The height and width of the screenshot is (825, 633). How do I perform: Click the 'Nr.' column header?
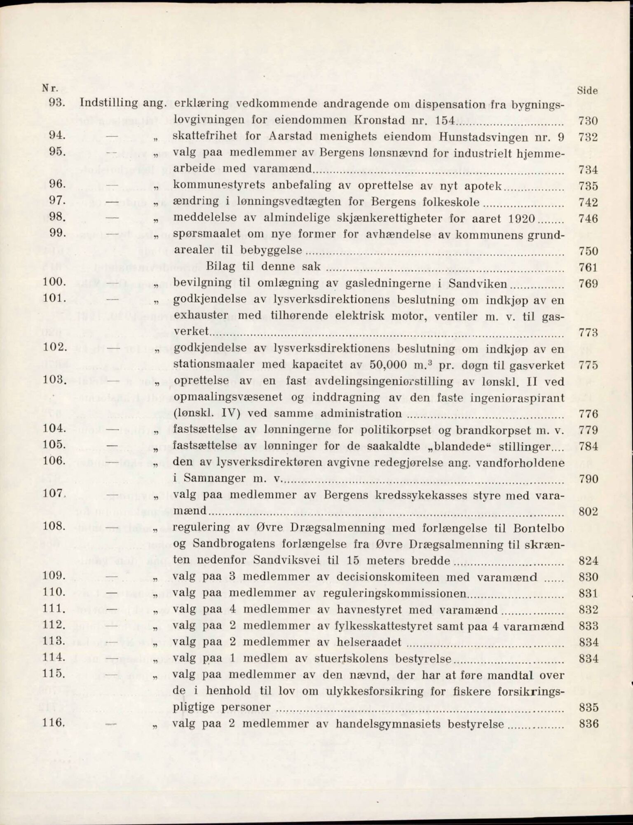pyautogui.click(x=50, y=88)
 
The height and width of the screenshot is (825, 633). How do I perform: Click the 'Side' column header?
pyautogui.click(x=587, y=91)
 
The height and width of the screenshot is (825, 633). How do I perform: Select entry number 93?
pyautogui.click(x=57, y=103)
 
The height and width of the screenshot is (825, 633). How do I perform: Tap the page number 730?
pyautogui.click(x=588, y=121)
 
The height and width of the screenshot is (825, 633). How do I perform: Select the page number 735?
pyautogui.click(x=588, y=186)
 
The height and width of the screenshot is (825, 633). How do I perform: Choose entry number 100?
pyautogui.click(x=54, y=283)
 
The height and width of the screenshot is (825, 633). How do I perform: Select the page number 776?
pyautogui.click(x=588, y=414)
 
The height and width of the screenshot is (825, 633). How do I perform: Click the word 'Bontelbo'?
pyautogui.click(x=538, y=528)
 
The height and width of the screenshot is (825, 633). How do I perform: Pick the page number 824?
pyautogui.click(x=588, y=561)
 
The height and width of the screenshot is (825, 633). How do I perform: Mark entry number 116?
pyautogui.click(x=54, y=723)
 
